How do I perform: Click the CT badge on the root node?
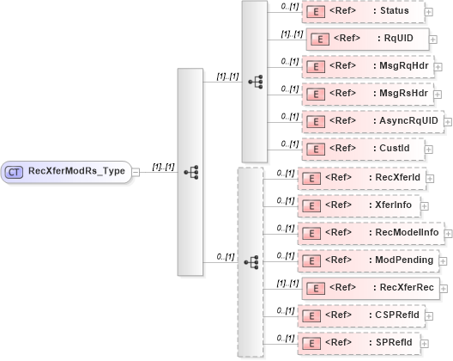tap(15, 172)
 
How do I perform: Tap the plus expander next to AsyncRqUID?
tap(448, 122)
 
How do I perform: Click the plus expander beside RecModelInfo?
tap(446, 233)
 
